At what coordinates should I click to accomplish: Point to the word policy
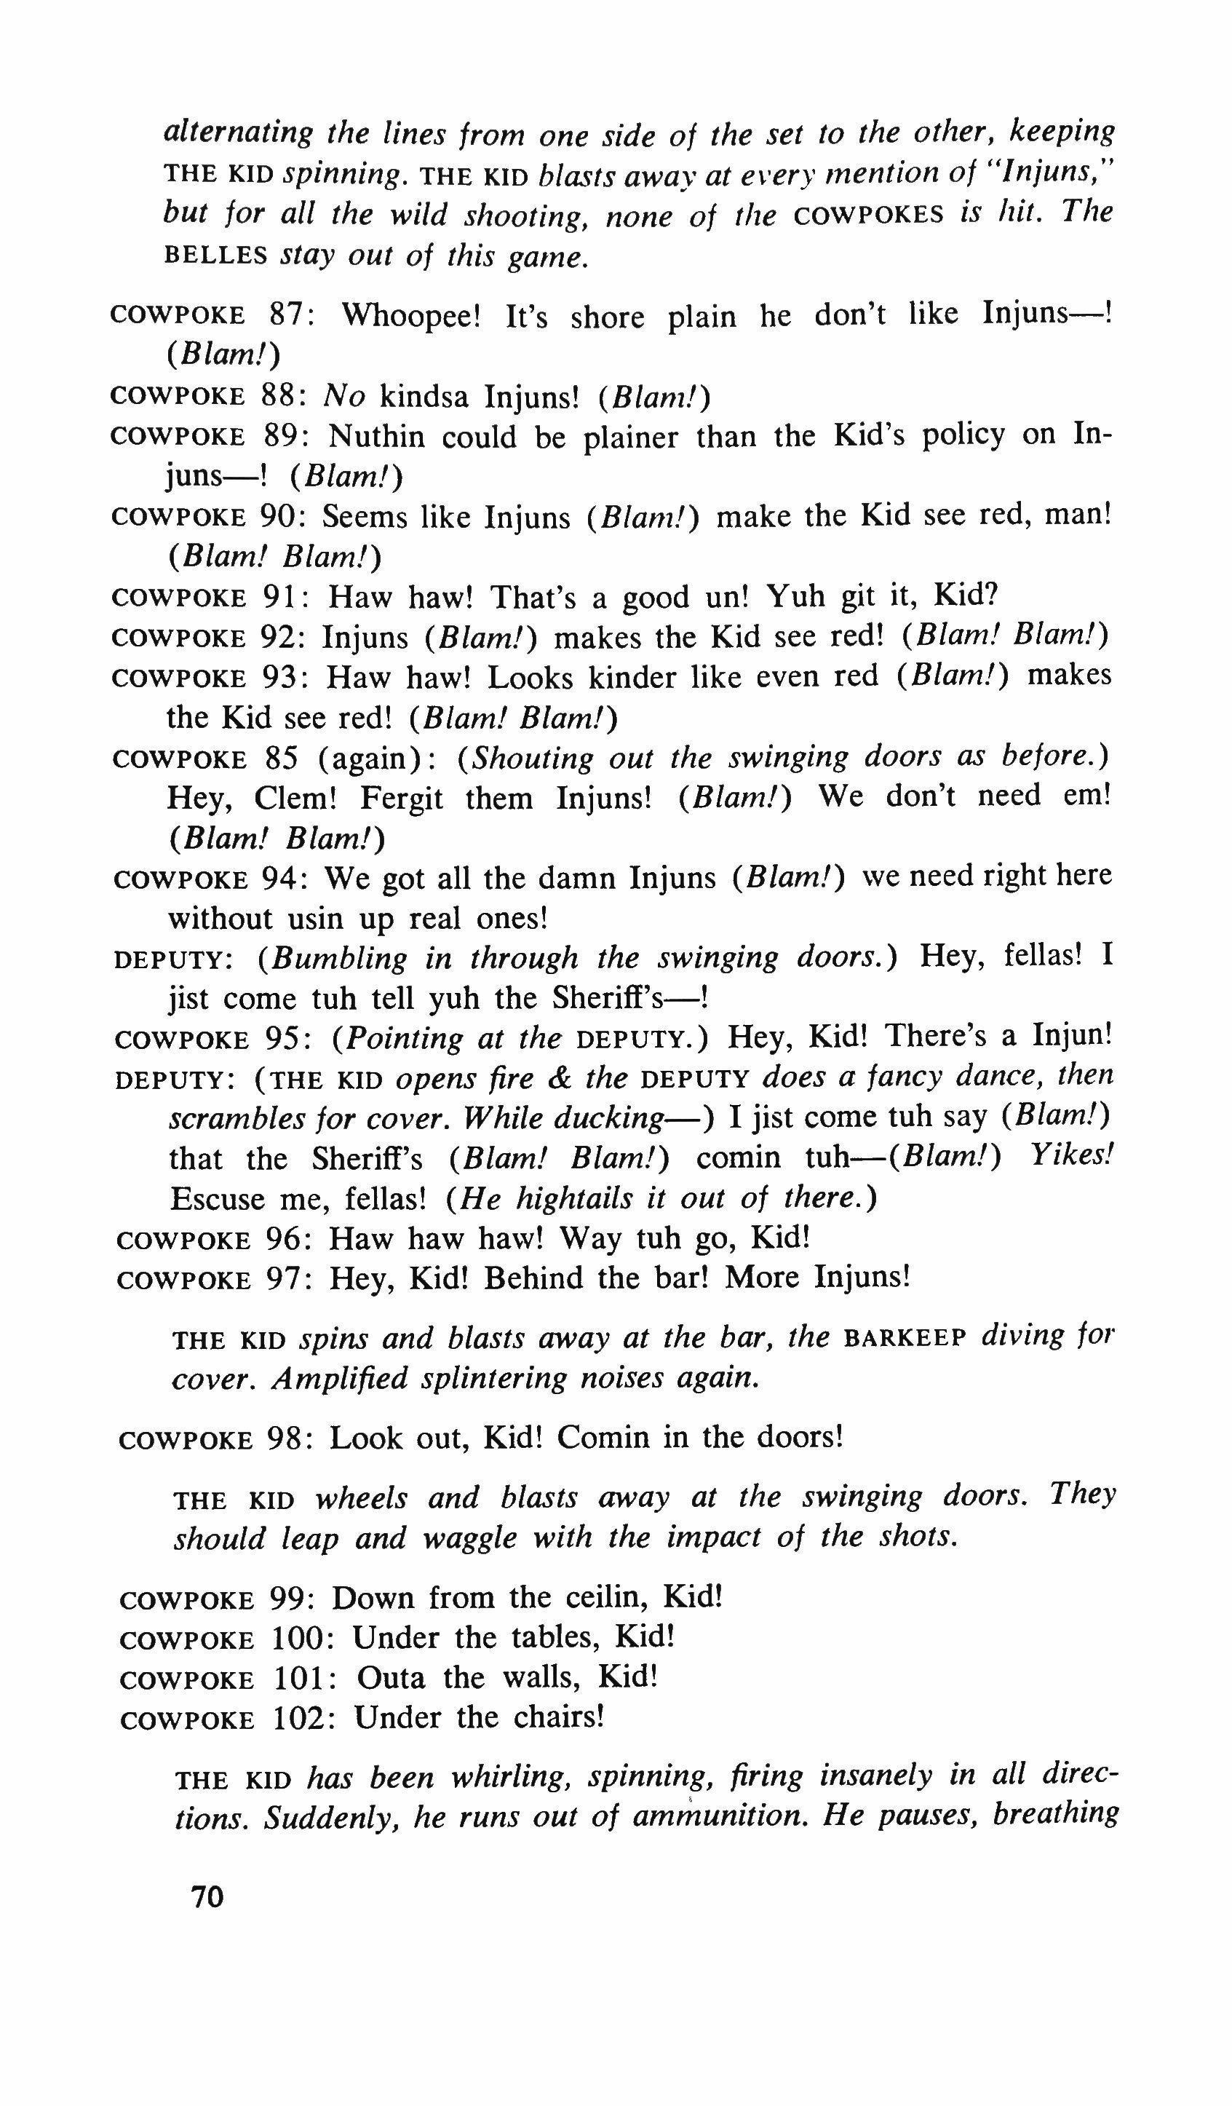point(962,436)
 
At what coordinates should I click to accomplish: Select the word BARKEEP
point(905,1339)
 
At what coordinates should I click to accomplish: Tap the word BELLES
point(215,256)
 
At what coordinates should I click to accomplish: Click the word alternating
point(237,132)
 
